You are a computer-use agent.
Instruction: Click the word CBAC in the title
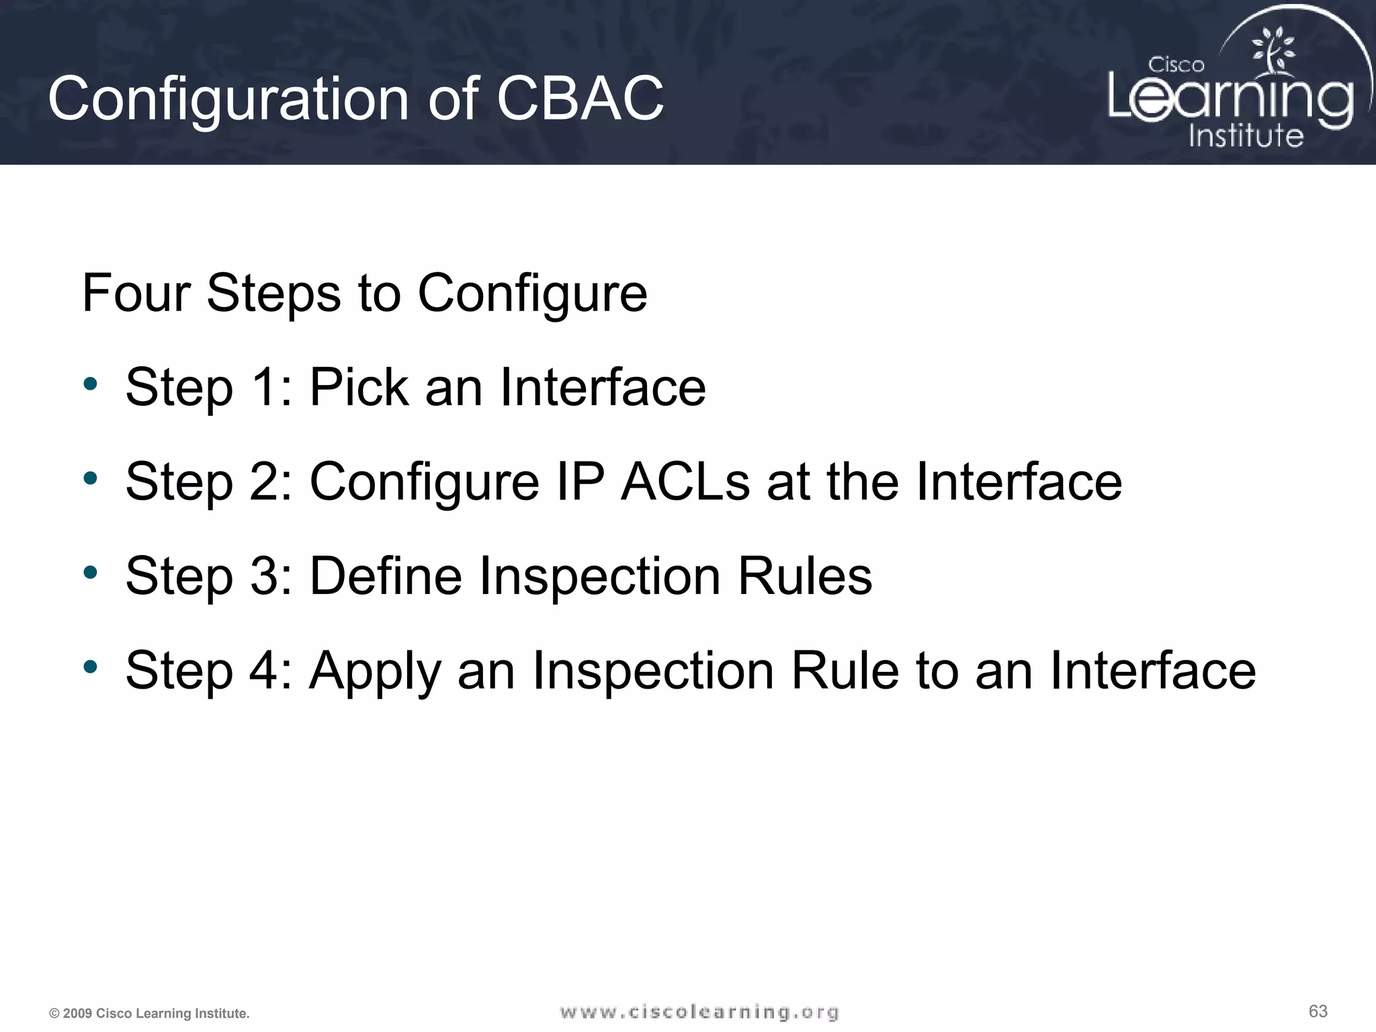(x=580, y=99)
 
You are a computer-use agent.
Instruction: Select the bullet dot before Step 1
(x=91, y=385)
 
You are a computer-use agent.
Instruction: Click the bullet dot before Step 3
(x=91, y=573)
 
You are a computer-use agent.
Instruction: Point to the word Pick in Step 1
(x=358, y=388)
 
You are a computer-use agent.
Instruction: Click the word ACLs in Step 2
(x=685, y=482)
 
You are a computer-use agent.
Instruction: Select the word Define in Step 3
(x=385, y=576)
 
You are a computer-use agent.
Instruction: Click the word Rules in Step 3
(x=805, y=576)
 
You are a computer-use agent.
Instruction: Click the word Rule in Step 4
(x=845, y=671)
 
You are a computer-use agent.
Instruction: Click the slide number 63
(x=1318, y=1011)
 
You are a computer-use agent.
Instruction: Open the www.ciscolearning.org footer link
(x=699, y=1012)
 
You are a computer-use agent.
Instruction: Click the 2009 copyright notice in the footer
(x=149, y=1013)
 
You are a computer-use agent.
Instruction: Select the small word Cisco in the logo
(x=1176, y=65)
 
